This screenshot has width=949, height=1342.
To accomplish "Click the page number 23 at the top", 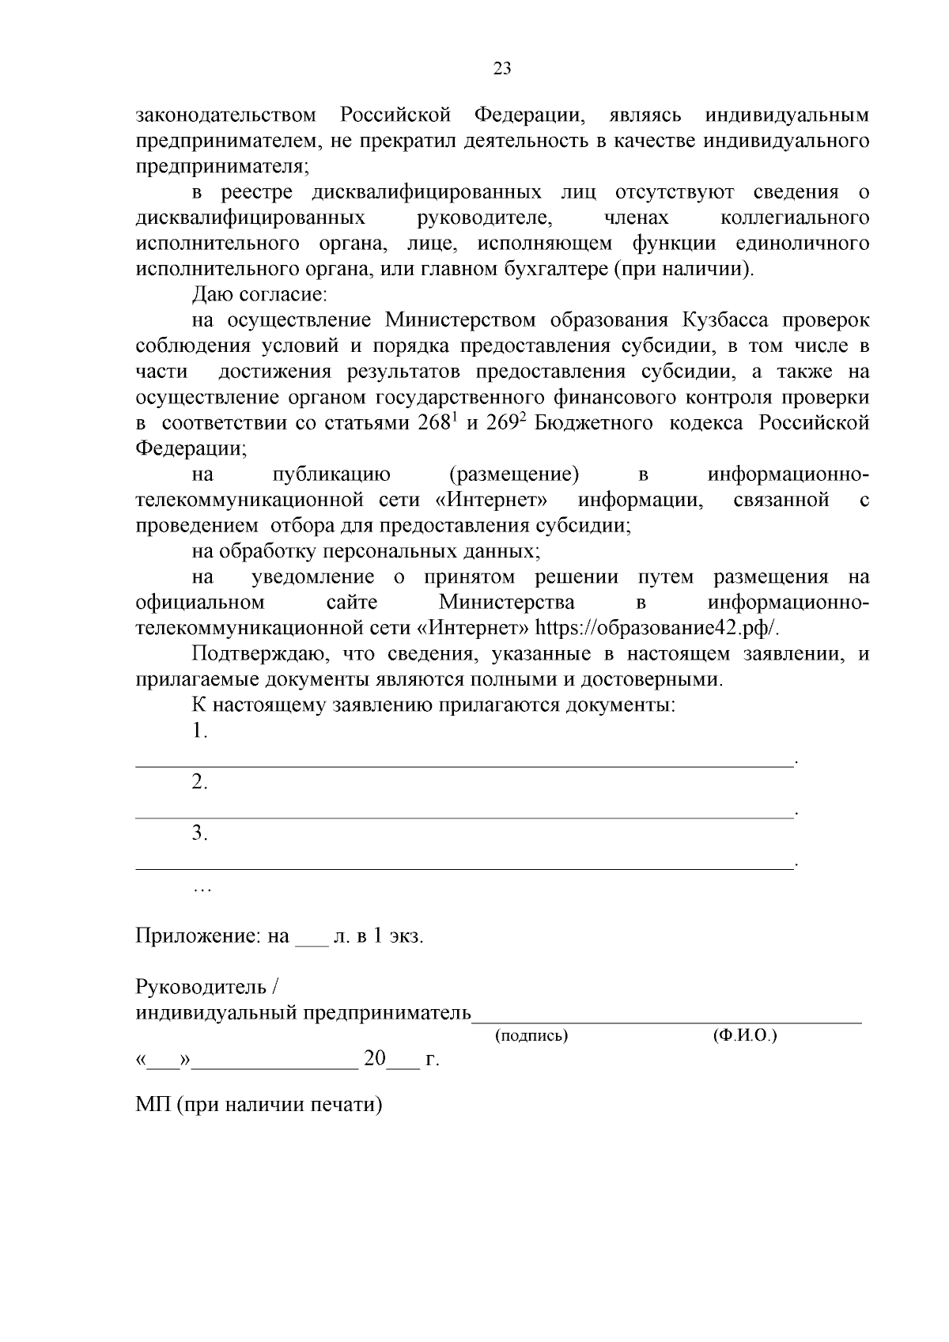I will (502, 69).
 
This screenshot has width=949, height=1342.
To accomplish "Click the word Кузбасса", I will (727, 320).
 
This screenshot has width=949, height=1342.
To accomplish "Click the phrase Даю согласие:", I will (259, 295).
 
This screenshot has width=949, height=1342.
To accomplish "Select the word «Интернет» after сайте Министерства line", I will (472, 629).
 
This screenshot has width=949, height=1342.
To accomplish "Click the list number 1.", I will (200, 731).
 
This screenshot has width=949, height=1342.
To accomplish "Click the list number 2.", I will (200, 782).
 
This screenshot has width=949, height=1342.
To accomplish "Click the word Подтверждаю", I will (255, 654).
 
